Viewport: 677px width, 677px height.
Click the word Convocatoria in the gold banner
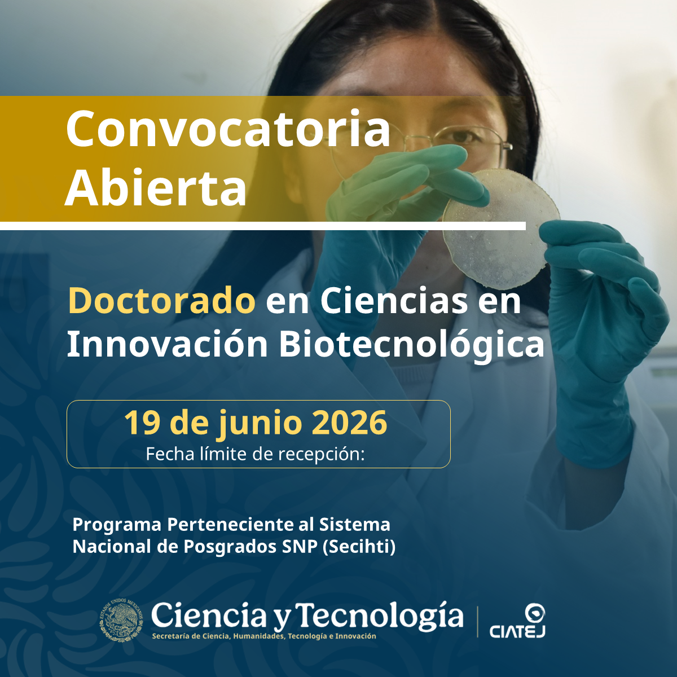pos(228,129)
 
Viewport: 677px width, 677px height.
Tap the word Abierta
pos(156,187)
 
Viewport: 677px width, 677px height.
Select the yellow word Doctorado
pos(161,300)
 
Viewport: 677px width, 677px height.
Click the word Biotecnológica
pos(411,346)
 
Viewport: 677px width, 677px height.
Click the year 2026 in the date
pos(349,423)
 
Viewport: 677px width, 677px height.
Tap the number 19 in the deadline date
pos(143,423)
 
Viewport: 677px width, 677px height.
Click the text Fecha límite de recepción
pos(255,454)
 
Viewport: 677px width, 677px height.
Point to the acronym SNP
pos(300,547)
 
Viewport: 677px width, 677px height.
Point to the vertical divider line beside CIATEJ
pos(477,622)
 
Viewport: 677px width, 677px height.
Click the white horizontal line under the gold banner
pos(263,226)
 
